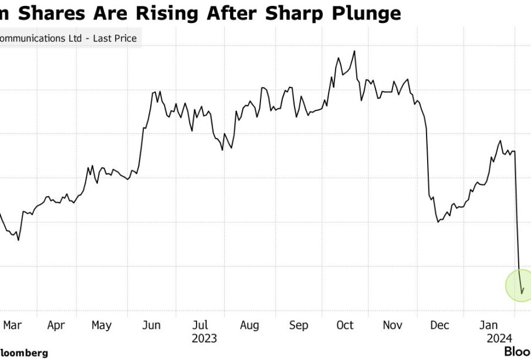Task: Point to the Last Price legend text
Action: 117,39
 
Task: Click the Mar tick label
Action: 12,325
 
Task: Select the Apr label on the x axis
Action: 56,325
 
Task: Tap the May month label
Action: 102,325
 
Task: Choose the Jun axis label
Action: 151,325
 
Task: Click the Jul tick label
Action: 200,325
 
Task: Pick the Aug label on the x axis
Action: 249,325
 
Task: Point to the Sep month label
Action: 299,325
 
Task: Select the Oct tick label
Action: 345,325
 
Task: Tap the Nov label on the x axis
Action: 394,325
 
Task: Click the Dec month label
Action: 439,325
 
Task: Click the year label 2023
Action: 204,338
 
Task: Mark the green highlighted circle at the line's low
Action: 522,285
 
